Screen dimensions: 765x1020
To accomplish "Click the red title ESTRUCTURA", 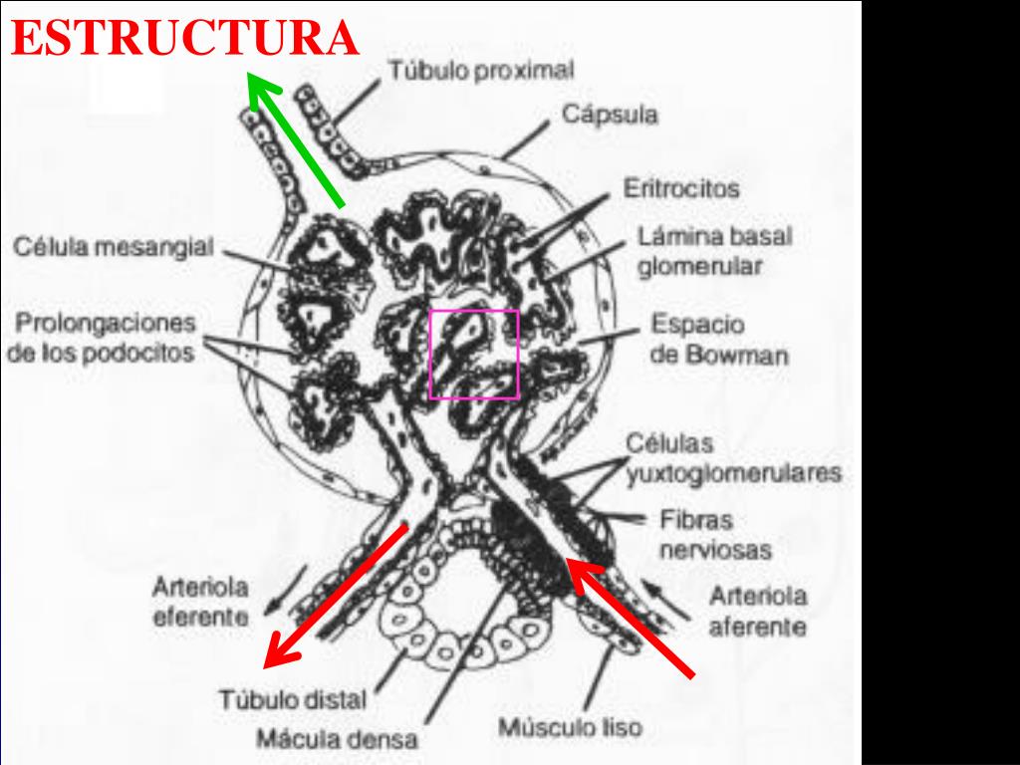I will (x=185, y=38).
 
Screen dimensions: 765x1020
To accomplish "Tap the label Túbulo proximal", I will (x=481, y=71).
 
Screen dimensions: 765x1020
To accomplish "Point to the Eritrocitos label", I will (x=681, y=188).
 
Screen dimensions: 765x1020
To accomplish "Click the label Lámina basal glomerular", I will (x=714, y=252).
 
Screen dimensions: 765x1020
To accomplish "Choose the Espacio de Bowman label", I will (x=718, y=340).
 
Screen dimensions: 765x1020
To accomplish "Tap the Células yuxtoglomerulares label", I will (x=733, y=458).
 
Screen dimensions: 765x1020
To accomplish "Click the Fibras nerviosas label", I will (x=715, y=534).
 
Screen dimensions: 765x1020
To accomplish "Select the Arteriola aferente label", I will (x=757, y=612).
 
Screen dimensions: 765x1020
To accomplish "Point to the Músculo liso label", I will (x=570, y=728).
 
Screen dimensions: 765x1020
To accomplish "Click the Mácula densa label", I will (x=338, y=740).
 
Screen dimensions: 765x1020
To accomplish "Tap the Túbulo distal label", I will (x=293, y=699).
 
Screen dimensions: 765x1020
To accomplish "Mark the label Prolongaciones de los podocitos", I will (x=102, y=339).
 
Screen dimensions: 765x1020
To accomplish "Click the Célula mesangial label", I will (x=113, y=247).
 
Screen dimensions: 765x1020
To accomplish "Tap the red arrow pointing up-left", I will (x=631, y=618).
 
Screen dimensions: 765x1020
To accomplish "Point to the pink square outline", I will (x=474, y=311).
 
